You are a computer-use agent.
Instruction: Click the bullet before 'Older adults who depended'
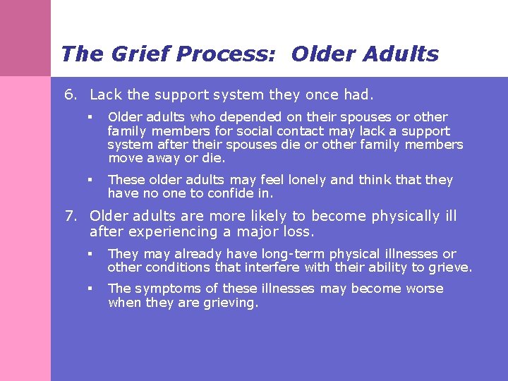pos(90,117)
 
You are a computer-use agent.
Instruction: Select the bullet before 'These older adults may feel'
pos(90,180)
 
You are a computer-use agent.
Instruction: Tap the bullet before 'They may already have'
pos(90,253)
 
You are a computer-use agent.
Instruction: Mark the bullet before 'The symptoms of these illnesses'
pos(90,289)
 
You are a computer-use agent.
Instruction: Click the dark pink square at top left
pos(25,38)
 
